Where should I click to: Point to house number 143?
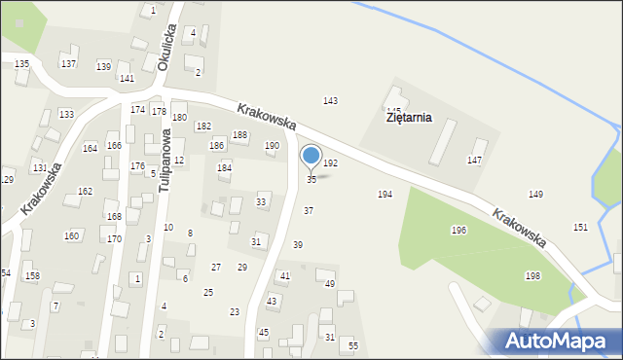[331, 101]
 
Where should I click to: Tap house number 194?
[385, 195]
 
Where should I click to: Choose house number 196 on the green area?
[458, 231]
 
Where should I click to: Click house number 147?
[474, 160]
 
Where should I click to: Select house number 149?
[535, 195]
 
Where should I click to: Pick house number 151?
[580, 227]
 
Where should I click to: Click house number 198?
[532, 276]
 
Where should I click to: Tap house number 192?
[331, 163]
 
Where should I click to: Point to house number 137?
[68, 63]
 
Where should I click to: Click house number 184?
[224, 168]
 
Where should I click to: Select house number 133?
[66, 115]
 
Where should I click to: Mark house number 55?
[353, 346]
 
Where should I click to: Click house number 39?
[298, 245]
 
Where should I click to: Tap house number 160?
[72, 236]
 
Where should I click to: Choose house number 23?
[235, 311]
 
